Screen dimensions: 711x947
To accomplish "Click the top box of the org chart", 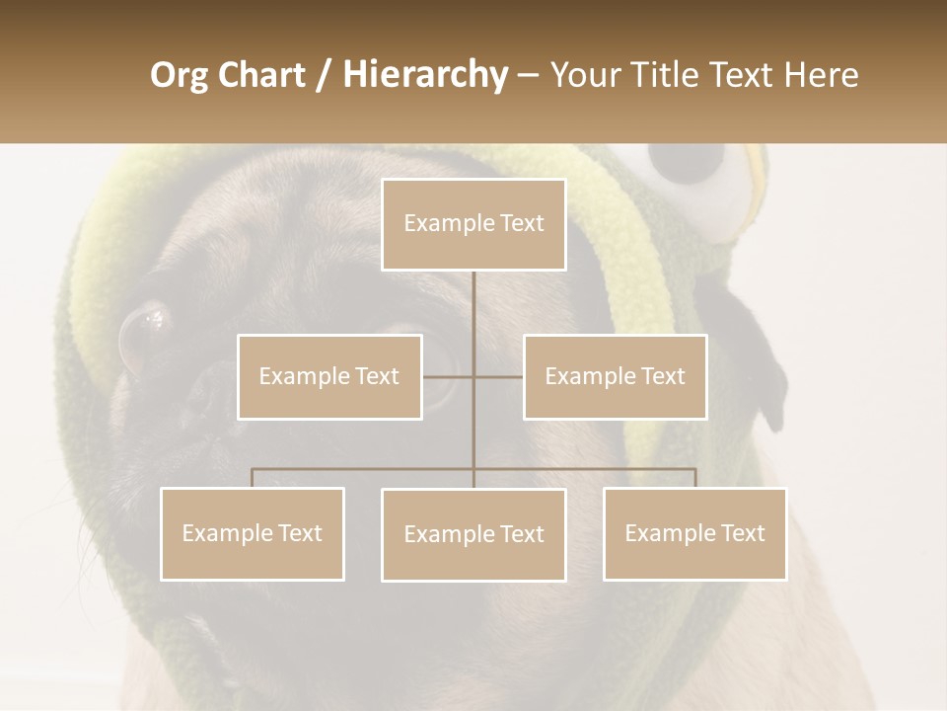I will [x=473, y=224].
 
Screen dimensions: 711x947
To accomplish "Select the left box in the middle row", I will [x=329, y=377].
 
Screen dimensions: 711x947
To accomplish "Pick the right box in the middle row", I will [x=615, y=377].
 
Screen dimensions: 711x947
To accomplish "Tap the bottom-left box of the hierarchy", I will [x=253, y=534].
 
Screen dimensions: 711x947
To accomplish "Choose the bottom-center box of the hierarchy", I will [x=473, y=535].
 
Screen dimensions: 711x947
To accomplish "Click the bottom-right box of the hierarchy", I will [x=694, y=534].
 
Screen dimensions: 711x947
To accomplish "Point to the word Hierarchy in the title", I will [x=425, y=75].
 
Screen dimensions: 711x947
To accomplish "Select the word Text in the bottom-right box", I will [x=743, y=534].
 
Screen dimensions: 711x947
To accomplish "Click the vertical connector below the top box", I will [x=473, y=316].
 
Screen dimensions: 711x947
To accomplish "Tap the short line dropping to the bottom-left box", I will [x=253, y=478].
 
